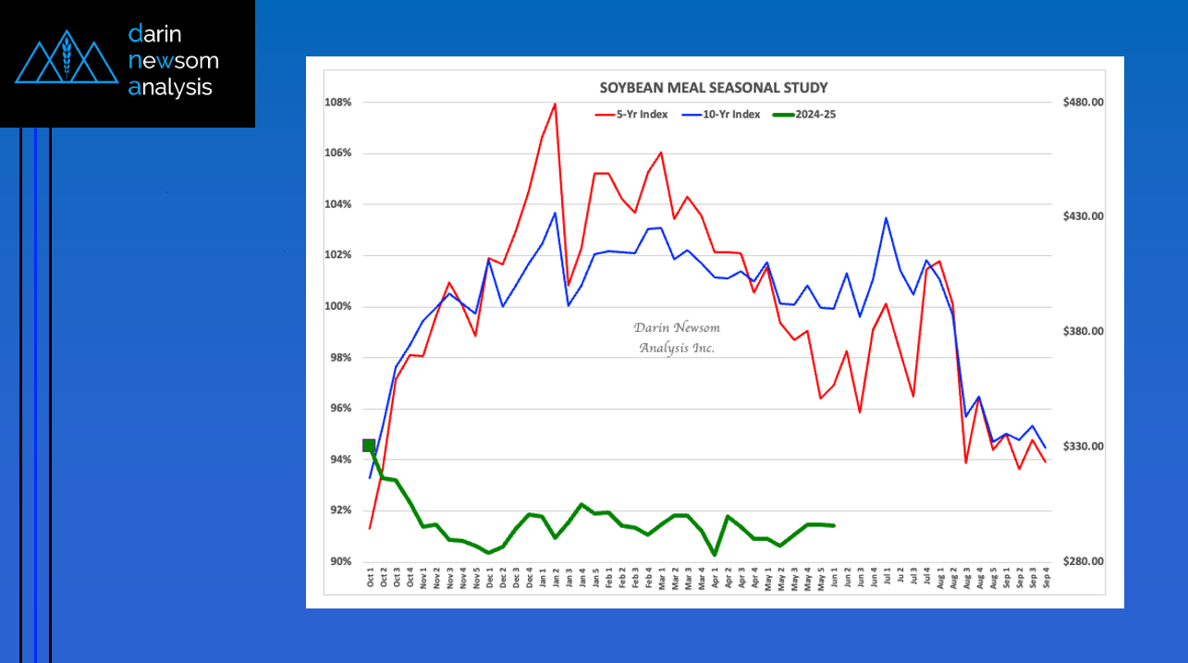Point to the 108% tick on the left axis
click(337, 103)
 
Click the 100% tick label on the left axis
click(337, 307)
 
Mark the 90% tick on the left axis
click(339, 562)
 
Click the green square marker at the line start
click(370, 446)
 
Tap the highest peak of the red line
click(555, 104)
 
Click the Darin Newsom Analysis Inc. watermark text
click(677, 338)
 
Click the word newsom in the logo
click(174, 61)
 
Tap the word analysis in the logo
click(171, 88)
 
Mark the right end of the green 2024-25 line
click(835, 525)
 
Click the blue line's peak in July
click(887, 218)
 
